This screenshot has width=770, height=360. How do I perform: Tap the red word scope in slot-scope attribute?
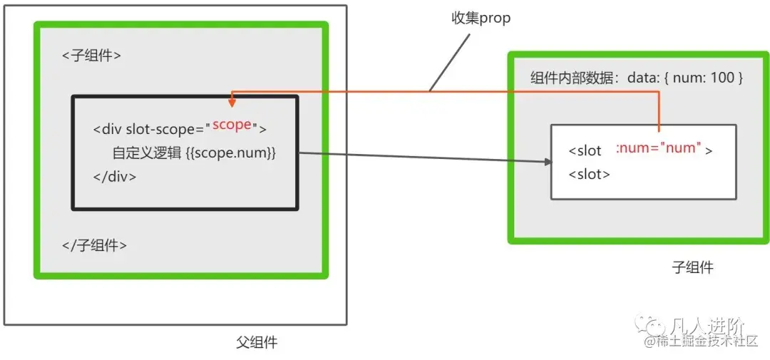coord(232,125)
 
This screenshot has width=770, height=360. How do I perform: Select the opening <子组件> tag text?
coord(91,56)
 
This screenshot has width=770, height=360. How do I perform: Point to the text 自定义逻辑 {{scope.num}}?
coord(193,153)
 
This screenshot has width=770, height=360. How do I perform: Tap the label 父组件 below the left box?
coord(257,343)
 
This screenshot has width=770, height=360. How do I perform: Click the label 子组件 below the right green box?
coord(692,268)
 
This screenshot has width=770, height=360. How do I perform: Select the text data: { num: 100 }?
coord(685,78)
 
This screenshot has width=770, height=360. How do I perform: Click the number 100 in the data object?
coord(722,78)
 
